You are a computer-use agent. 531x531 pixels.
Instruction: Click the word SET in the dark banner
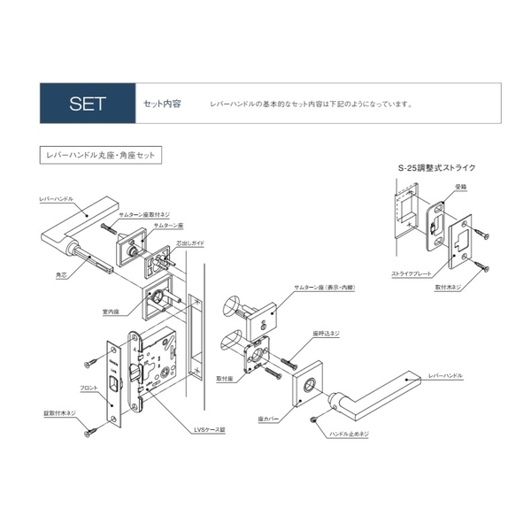pyautogui.click(x=88, y=104)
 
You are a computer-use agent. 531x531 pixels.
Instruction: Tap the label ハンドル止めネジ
pyautogui.click(x=349, y=435)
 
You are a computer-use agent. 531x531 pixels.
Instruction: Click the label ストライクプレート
pyautogui.click(x=408, y=275)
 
